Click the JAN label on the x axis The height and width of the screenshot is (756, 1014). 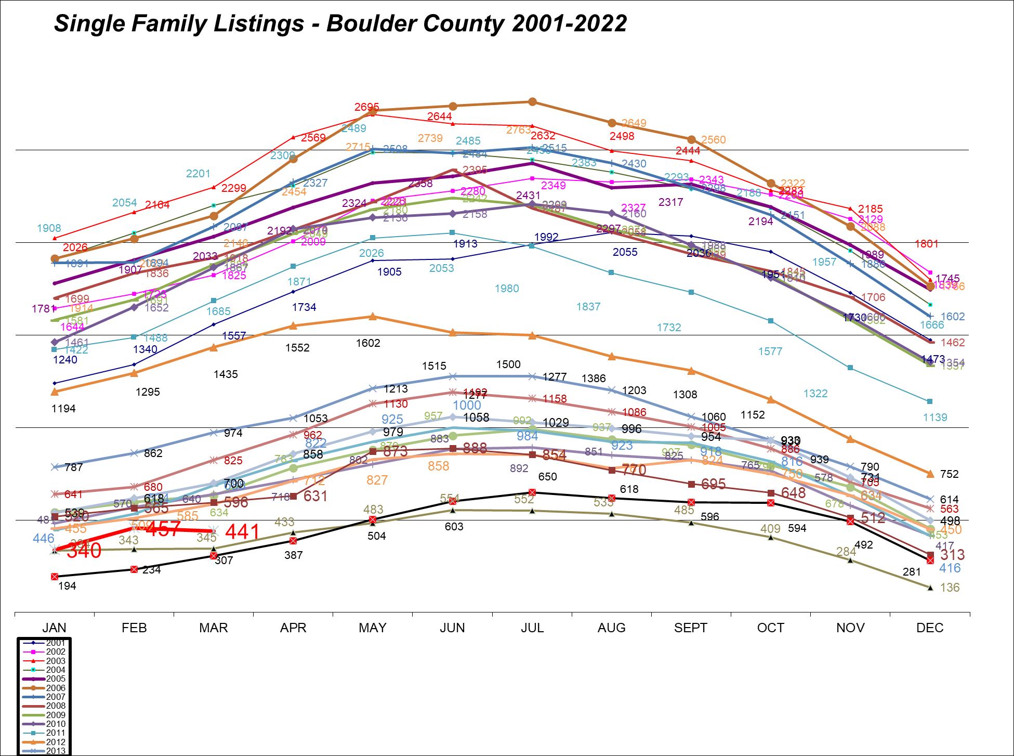click(x=54, y=628)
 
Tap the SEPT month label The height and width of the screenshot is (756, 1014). click(x=691, y=628)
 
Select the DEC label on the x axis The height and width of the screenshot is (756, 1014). click(x=930, y=628)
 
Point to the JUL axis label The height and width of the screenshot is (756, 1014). click(x=532, y=628)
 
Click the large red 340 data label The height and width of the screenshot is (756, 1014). click(x=84, y=551)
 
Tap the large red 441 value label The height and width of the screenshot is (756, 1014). click(x=242, y=531)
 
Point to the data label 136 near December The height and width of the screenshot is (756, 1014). click(x=950, y=588)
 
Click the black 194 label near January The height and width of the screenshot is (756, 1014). click(x=68, y=586)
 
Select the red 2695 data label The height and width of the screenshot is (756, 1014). click(x=367, y=107)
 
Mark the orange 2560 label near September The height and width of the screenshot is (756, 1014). click(x=713, y=139)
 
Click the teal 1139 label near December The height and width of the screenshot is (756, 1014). click(x=935, y=417)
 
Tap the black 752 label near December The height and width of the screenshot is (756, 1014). click(x=949, y=474)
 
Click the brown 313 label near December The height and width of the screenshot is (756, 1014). click(x=952, y=555)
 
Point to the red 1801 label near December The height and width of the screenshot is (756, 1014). click(x=927, y=243)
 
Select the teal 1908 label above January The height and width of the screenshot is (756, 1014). click(x=49, y=228)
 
